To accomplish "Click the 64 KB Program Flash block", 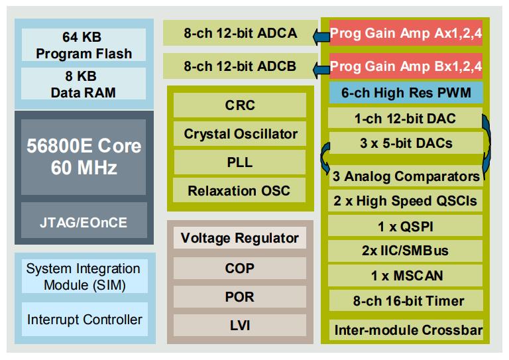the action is point(84,45).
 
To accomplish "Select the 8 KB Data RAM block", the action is point(84,84).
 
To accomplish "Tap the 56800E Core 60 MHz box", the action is point(84,156).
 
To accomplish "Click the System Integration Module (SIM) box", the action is point(84,276).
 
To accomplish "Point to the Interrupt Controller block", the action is point(84,319).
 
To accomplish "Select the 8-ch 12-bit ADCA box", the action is point(240,32).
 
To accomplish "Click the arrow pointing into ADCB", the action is point(321,70).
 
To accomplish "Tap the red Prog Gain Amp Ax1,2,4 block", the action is point(406,32).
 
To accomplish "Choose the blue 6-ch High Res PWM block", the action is point(406,93).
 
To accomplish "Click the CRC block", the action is point(240,105).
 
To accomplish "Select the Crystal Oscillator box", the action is point(240,134).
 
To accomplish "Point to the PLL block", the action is point(240,162).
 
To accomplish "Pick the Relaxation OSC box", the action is point(239,190).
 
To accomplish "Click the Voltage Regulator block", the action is point(240,237).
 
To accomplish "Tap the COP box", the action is point(240,268).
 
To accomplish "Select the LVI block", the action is point(240,325).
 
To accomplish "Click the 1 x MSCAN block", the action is point(406,276).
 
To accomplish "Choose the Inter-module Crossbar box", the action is point(406,330).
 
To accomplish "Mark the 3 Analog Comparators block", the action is point(406,176).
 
